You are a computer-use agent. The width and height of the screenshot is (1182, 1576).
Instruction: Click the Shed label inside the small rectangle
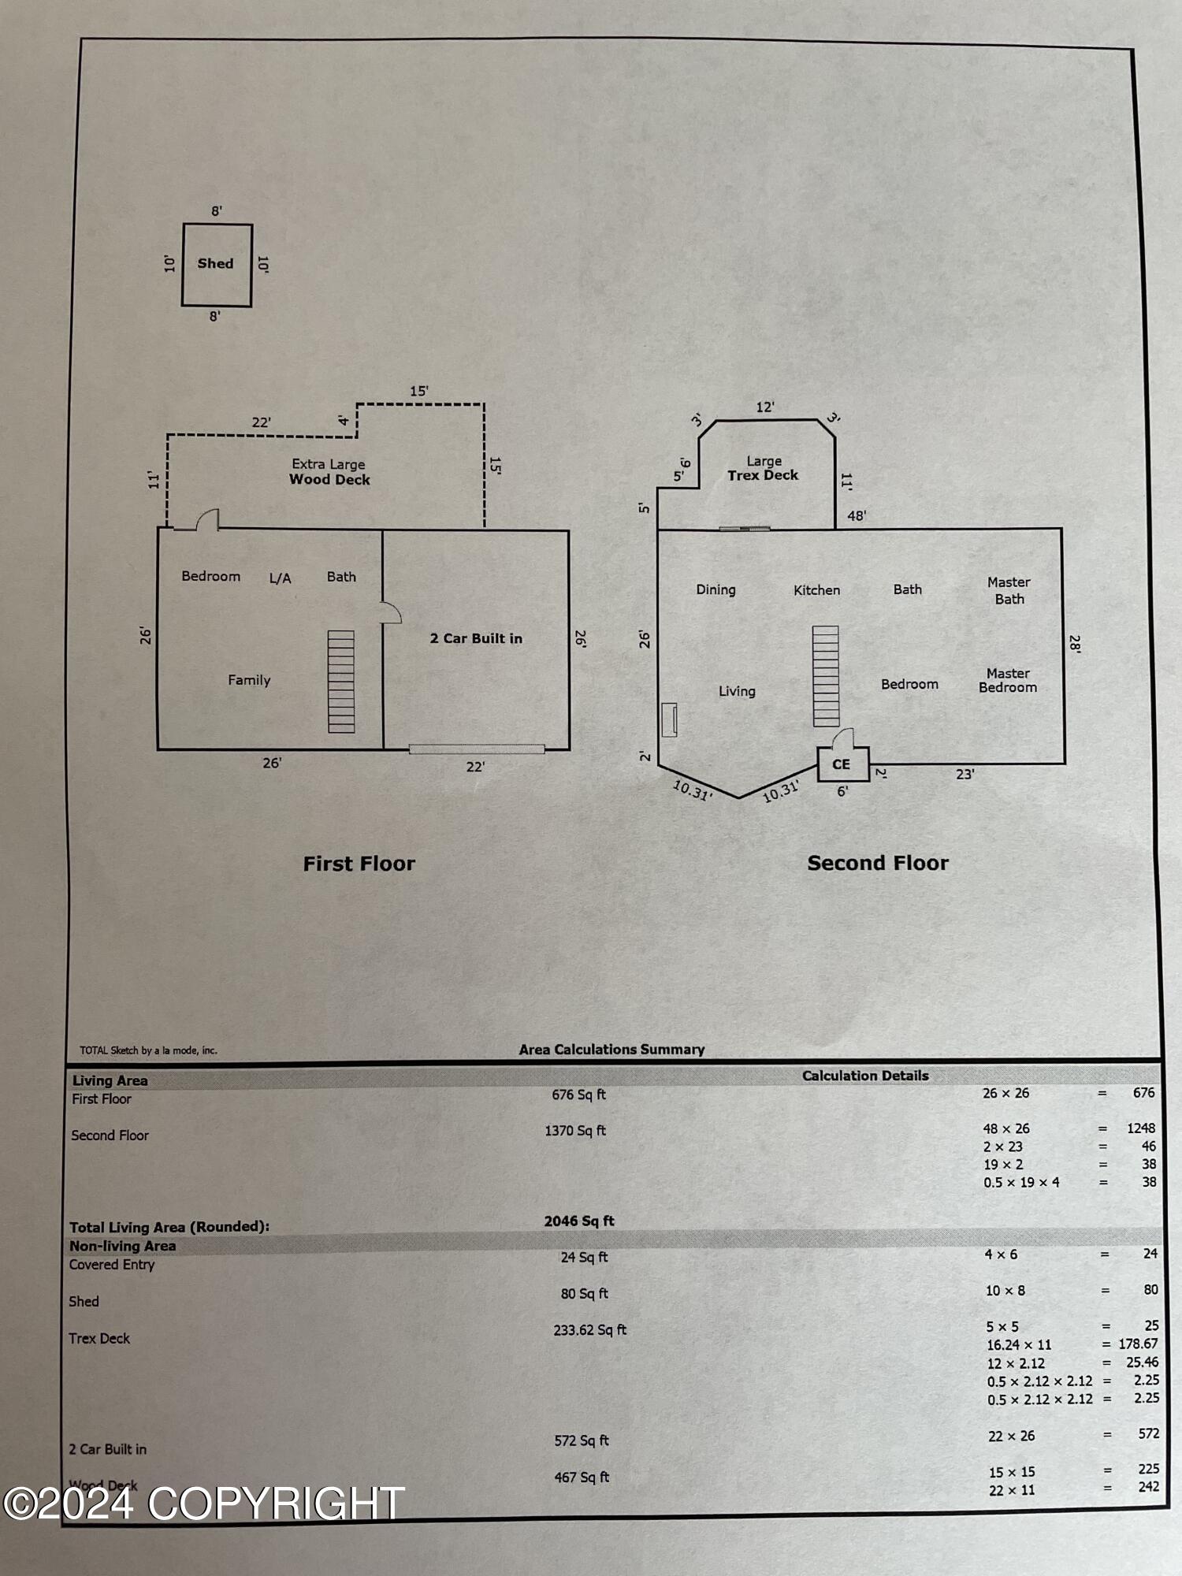(x=215, y=263)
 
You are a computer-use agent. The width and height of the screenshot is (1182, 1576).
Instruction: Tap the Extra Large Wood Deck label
(x=329, y=472)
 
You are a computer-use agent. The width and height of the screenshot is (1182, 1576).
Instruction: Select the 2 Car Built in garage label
(x=476, y=638)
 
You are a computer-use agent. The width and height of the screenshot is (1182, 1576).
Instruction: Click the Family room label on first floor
(x=249, y=680)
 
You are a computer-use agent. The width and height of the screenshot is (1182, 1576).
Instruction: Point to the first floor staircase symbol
(x=341, y=682)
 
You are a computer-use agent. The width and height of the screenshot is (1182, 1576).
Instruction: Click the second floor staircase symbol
(x=826, y=676)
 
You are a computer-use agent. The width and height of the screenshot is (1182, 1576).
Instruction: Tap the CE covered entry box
(x=842, y=764)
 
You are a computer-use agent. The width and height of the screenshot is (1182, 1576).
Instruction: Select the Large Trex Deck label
(x=763, y=468)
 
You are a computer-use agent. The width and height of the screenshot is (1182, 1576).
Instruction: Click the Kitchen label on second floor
(x=816, y=590)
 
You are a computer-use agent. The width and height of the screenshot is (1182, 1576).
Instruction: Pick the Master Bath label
(x=1009, y=590)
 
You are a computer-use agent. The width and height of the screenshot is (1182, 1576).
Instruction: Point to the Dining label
(x=716, y=590)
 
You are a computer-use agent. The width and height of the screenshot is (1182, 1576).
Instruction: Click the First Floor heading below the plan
(x=359, y=864)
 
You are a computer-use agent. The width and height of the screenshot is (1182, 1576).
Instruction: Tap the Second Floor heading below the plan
(x=878, y=863)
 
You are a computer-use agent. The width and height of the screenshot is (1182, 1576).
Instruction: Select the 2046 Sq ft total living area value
(x=579, y=1221)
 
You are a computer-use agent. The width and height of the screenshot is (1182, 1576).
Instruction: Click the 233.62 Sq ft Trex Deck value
(x=589, y=1330)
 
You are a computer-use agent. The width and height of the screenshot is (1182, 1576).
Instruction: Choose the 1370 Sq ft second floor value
(x=575, y=1131)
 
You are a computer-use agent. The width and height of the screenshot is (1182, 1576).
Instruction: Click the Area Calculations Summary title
(x=611, y=1050)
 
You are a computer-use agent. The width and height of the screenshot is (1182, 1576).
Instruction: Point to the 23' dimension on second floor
(x=965, y=775)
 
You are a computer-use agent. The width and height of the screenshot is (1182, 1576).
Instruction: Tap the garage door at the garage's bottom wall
(x=477, y=749)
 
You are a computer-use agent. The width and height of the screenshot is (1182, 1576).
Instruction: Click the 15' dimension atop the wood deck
(x=419, y=391)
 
